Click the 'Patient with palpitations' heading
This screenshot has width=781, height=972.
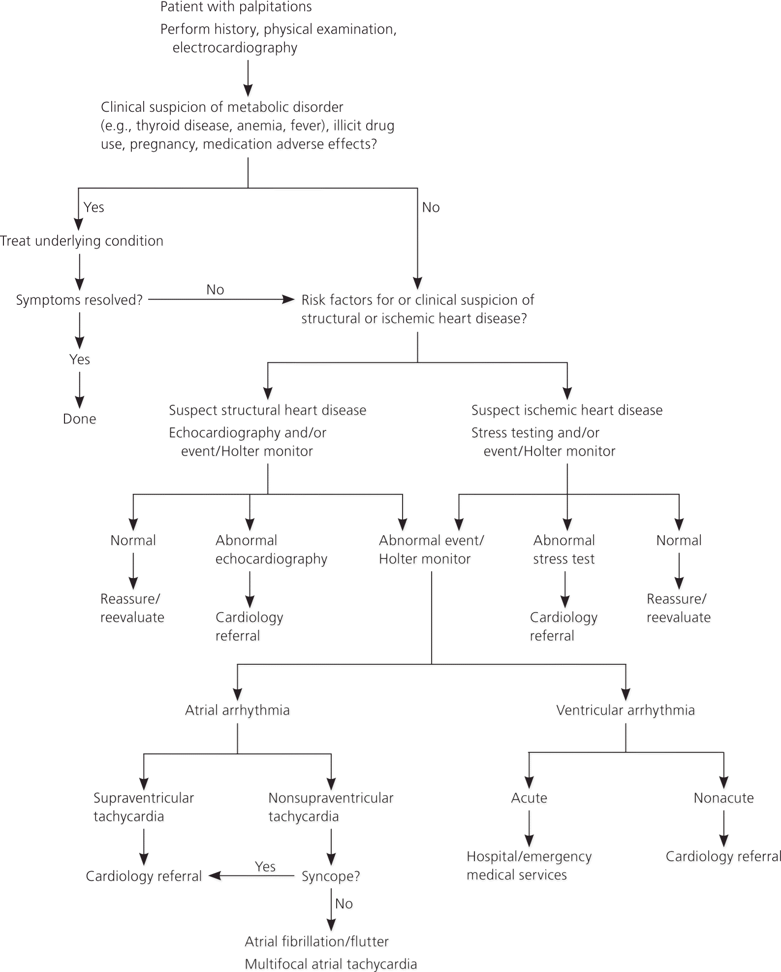pos(236,7)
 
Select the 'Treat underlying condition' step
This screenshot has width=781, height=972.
pos(82,241)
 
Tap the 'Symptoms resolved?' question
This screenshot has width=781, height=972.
pos(79,300)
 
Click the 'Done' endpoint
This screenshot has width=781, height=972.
pos(79,419)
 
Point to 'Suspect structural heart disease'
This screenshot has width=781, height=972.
pos(267,410)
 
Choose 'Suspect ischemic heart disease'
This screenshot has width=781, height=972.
pos(567,410)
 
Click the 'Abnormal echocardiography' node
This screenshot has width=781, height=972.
pos(271,550)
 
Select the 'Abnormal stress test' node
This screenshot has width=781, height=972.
pos(564,550)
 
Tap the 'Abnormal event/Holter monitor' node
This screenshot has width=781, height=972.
pos(431,550)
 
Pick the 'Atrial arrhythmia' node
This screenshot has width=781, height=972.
pos(237,710)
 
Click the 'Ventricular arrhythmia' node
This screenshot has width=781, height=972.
pos(625,710)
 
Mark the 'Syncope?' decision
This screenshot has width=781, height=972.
pos(331,876)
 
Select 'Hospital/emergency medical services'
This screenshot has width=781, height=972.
pos(529,866)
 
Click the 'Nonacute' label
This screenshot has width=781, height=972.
pos(723,798)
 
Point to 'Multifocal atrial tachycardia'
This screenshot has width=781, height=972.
pos(331,964)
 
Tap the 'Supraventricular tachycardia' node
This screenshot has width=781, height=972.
pos(143,807)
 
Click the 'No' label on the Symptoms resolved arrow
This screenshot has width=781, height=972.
pos(215,290)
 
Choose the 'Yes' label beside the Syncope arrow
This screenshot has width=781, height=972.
pos(265,867)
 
